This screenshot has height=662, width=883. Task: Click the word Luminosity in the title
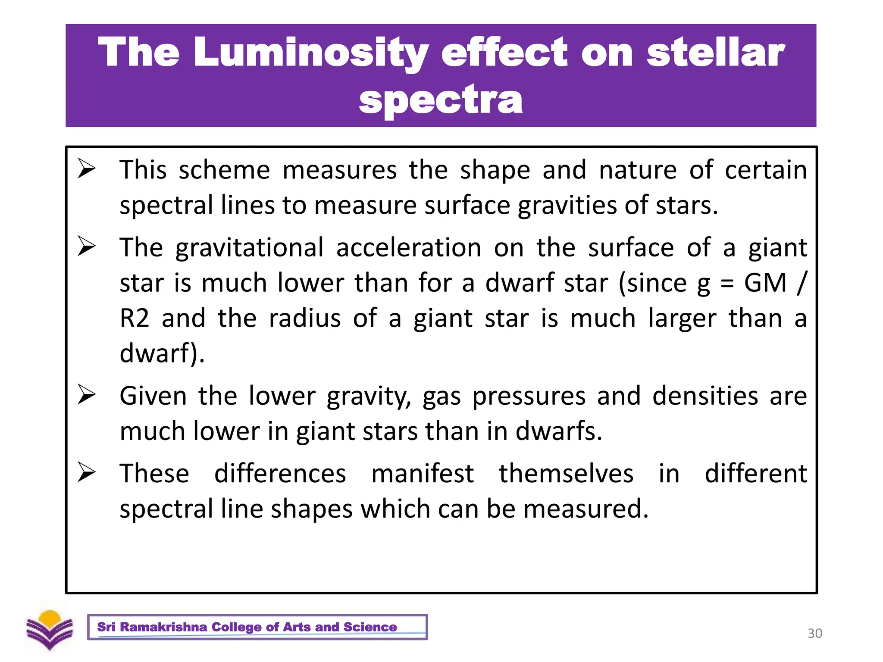click(x=310, y=53)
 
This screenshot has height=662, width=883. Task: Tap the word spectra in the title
click(x=441, y=100)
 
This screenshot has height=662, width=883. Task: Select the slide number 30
click(x=814, y=633)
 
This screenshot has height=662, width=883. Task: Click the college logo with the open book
click(x=50, y=630)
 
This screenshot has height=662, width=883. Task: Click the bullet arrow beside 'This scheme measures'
click(x=86, y=169)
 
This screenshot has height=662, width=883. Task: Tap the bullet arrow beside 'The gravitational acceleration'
click(x=86, y=246)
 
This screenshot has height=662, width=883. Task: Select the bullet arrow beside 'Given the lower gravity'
click(x=86, y=395)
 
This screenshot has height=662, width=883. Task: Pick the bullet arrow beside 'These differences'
click(x=86, y=472)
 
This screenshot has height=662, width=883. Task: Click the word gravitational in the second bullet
click(x=249, y=248)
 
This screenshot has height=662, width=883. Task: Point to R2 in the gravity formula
click(x=134, y=319)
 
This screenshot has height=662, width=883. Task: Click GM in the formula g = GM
click(x=765, y=283)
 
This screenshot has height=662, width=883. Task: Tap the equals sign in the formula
click(x=727, y=284)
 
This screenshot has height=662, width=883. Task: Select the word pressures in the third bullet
click(x=529, y=397)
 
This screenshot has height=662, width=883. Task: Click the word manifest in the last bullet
click(x=423, y=473)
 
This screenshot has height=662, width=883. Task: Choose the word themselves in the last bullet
click(x=566, y=473)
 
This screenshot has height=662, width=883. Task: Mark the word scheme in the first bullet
click(x=224, y=170)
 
